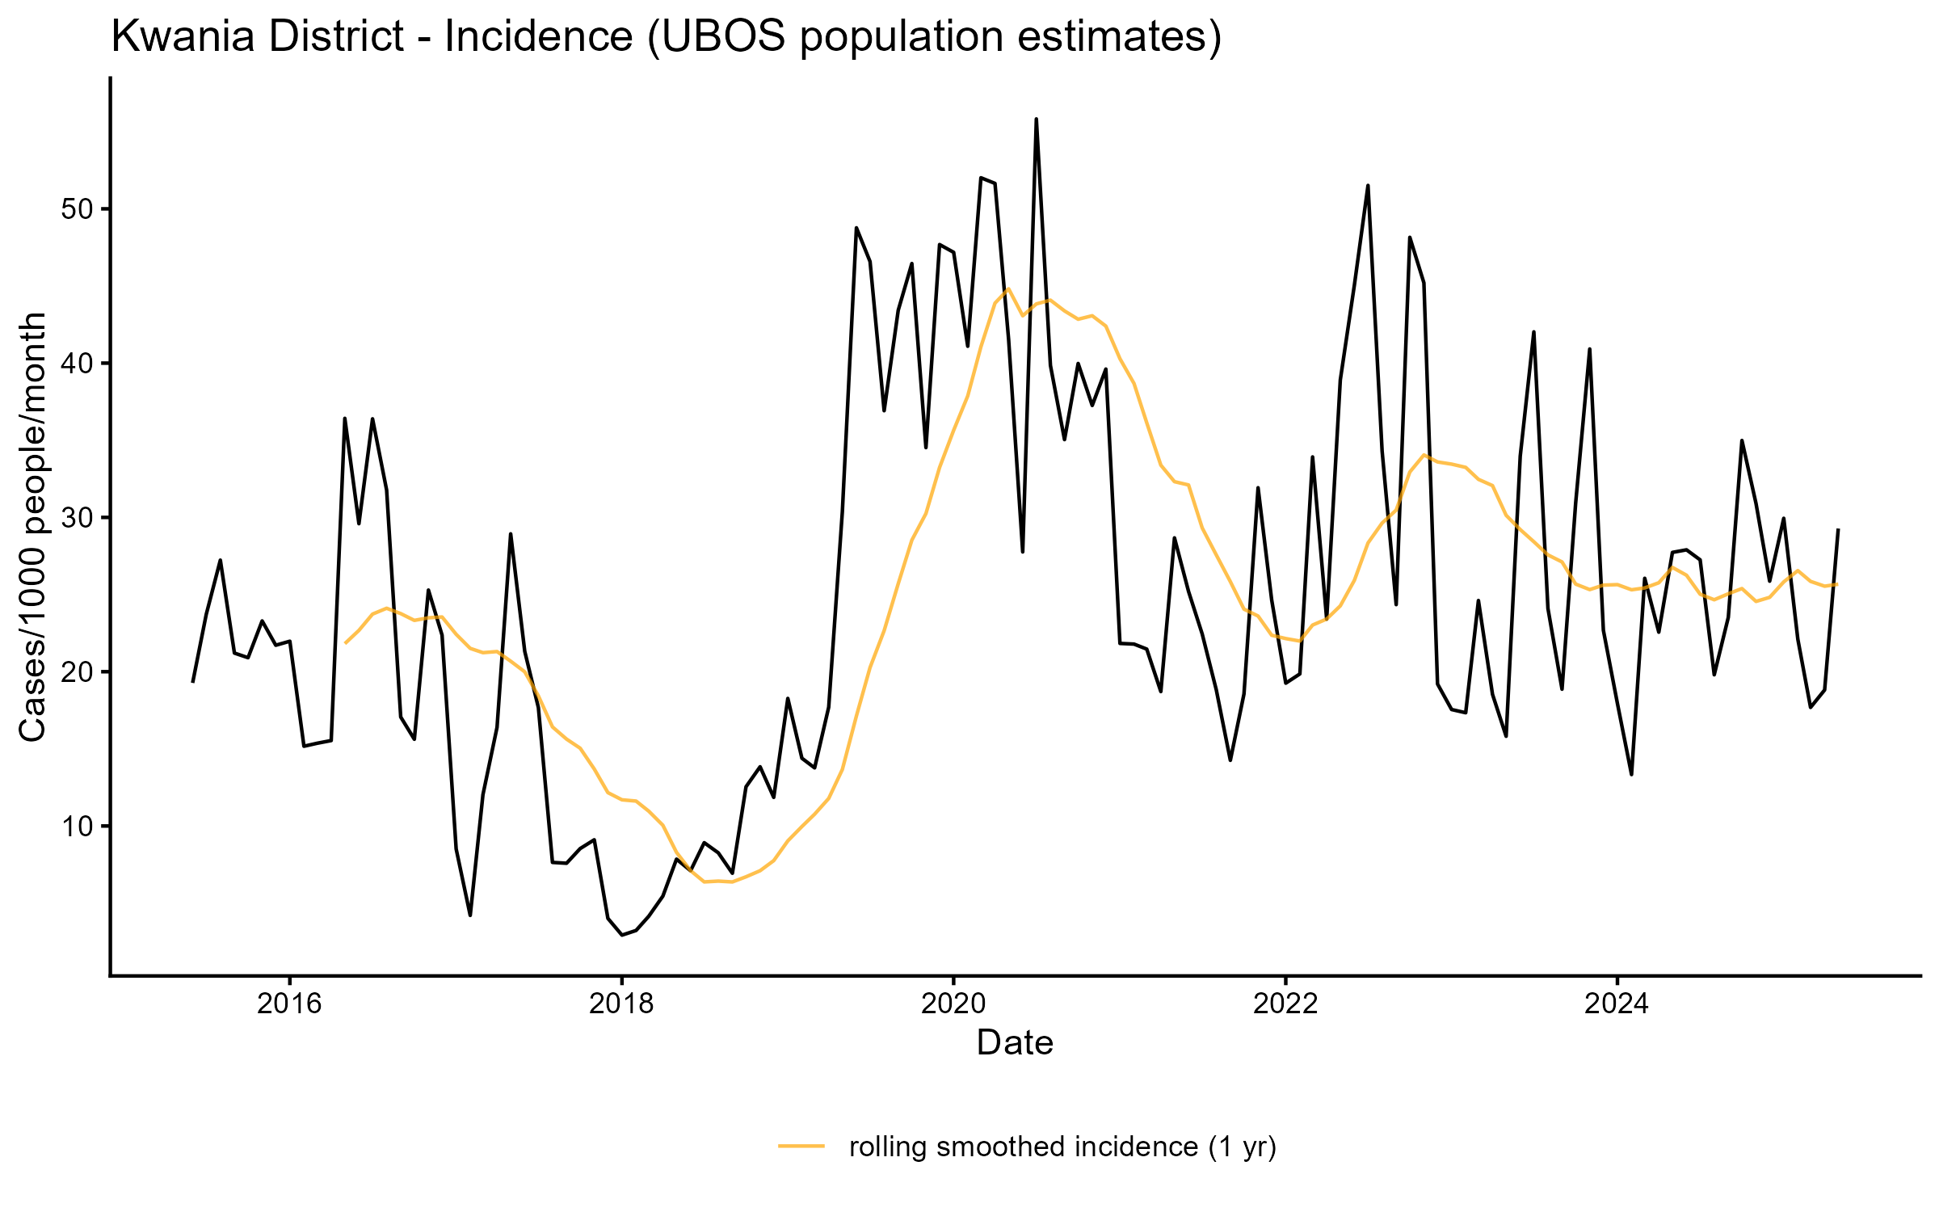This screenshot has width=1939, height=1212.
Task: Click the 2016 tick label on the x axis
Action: pos(289,1004)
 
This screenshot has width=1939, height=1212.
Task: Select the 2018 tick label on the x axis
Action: pos(621,1004)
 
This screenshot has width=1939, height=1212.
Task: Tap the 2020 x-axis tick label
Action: pos(953,1004)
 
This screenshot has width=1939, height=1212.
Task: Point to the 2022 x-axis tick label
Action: pos(1285,1004)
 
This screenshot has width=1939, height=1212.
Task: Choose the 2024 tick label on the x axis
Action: pos(1617,1004)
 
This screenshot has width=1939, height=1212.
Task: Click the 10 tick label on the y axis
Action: pos(78,827)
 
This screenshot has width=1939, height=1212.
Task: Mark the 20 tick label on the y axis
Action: pos(78,672)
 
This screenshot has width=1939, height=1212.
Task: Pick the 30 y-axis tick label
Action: pos(78,518)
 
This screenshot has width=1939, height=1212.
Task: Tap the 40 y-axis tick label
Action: pos(78,364)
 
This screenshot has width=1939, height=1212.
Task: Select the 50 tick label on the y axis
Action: pos(78,209)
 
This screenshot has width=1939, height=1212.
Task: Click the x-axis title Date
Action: pos(1015,1043)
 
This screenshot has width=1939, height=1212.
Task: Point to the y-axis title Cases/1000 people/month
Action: pos(34,527)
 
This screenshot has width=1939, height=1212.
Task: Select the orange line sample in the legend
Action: pos(801,1146)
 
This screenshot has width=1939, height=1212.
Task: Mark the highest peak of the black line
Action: pos(1036,120)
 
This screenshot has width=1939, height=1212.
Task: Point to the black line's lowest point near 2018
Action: pos(621,935)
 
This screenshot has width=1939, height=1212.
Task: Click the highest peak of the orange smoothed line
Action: pos(1008,288)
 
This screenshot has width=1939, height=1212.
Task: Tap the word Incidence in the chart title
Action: pos(538,37)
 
